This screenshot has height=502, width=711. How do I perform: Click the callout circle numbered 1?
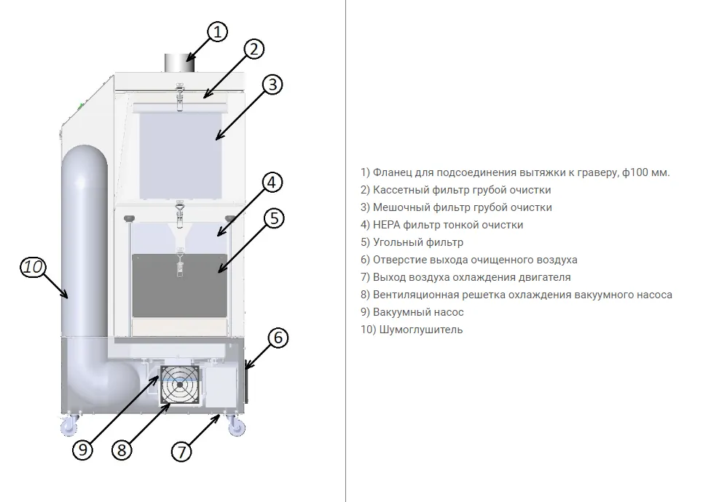[x=217, y=32]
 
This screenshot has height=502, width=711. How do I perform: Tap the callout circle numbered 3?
[x=271, y=84]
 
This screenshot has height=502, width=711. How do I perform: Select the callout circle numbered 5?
[x=272, y=218]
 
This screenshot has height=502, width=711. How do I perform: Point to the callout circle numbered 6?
[x=278, y=338]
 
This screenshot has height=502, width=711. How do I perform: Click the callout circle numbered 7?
[x=181, y=451]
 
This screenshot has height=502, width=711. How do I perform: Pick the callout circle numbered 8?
[x=122, y=450]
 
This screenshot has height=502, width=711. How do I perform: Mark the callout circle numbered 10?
[x=33, y=267]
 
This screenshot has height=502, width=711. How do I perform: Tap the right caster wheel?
[x=237, y=425]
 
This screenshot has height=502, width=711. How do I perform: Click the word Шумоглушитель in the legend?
[x=419, y=330]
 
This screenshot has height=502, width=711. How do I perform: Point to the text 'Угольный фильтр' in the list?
[x=417, y=242]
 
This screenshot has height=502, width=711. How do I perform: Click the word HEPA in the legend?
[x=387, y=225]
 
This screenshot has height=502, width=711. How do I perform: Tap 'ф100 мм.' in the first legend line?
[x=646, y=172]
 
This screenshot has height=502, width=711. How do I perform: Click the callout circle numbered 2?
[x=253, y=49]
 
